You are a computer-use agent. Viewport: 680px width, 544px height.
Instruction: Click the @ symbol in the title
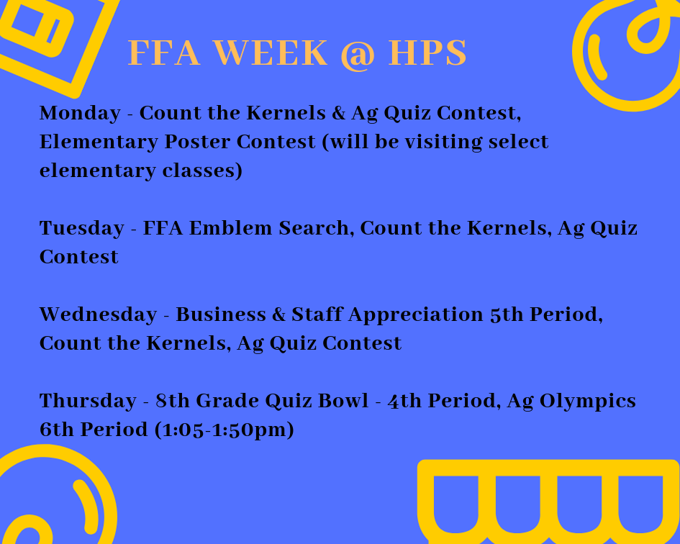click(357, 54)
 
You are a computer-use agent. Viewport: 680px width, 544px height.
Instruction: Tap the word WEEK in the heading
click(270, 53)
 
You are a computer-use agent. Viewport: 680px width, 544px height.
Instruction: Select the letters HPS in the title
click(427, 53)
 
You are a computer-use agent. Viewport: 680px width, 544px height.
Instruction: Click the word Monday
click(80, 113)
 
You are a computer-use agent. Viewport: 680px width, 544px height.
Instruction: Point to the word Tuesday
click(82, 228)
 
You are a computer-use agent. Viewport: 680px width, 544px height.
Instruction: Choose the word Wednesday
click(98, 314)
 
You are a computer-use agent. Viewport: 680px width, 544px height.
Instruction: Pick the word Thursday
click(88, 401)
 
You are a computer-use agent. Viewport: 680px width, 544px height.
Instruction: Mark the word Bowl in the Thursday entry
click(343, 401)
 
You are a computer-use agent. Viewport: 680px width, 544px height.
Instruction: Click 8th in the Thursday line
click(171, 401)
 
